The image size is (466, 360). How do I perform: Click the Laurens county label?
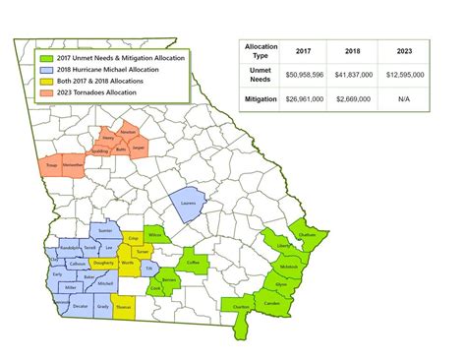pos(190,205)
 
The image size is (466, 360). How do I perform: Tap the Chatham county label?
pos(308,235)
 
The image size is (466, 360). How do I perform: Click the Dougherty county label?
pos(102,264)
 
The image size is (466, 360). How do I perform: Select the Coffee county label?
pos(193,263)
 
